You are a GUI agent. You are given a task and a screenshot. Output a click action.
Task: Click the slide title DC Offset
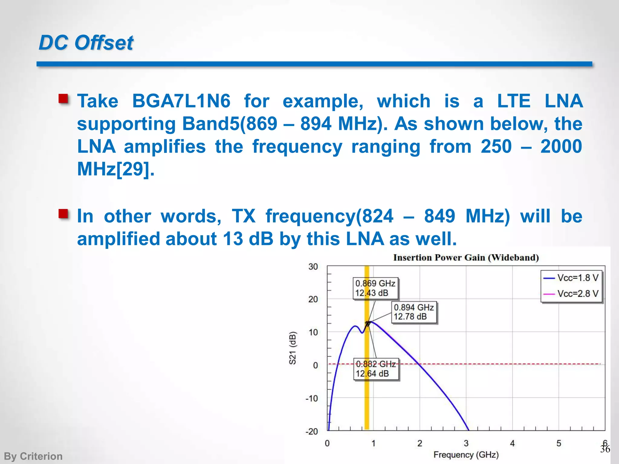86,43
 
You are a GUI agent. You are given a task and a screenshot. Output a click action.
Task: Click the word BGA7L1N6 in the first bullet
181,101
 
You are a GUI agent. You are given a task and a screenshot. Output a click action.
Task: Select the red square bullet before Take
63,98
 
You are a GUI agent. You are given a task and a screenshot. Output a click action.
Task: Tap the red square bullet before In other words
63,214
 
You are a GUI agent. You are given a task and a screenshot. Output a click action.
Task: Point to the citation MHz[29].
116,169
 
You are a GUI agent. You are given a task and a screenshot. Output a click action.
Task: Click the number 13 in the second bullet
233,239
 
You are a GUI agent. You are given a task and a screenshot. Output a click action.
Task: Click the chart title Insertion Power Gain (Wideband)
466,258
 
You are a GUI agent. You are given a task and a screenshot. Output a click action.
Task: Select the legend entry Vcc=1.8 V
572,278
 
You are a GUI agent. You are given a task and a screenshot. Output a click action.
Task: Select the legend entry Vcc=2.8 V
572,293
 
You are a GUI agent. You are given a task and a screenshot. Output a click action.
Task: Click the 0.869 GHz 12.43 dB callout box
375,288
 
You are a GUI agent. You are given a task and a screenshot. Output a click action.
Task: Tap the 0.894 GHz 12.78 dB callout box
414,312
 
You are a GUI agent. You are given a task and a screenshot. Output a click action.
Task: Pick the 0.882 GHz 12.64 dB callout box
376,369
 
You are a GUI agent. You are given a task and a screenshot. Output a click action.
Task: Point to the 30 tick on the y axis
313,267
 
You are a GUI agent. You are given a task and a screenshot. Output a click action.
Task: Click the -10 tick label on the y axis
312,398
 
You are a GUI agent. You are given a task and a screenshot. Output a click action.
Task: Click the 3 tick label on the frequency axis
466,443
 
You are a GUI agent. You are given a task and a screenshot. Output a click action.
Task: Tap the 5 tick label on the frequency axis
559,443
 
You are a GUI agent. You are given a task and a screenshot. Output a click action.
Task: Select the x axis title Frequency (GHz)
466,455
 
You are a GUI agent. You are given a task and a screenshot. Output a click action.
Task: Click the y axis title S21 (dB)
292,348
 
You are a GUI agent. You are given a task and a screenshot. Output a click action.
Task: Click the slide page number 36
605,449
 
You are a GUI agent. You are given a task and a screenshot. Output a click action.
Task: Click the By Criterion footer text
33,456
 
